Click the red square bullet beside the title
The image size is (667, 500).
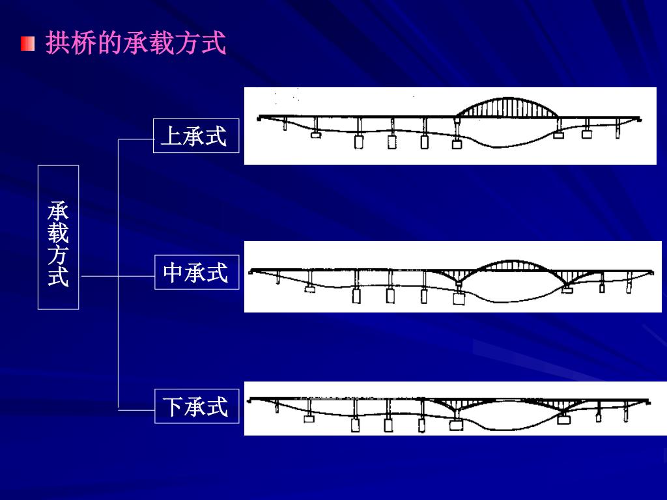pos(27,44)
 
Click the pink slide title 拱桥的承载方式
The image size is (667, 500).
pos(135,44)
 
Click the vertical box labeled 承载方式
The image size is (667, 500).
pos(58,236)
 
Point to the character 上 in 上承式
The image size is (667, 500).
pos(171,137)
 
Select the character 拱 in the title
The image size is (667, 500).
pos(57,44)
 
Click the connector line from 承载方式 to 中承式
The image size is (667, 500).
pos(117,276)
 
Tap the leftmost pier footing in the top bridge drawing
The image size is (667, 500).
pos(316,136)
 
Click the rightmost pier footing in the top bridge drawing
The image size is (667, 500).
pos(587,134)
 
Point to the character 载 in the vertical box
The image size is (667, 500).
pos(58,233)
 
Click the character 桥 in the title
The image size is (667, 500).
pos(83,44)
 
